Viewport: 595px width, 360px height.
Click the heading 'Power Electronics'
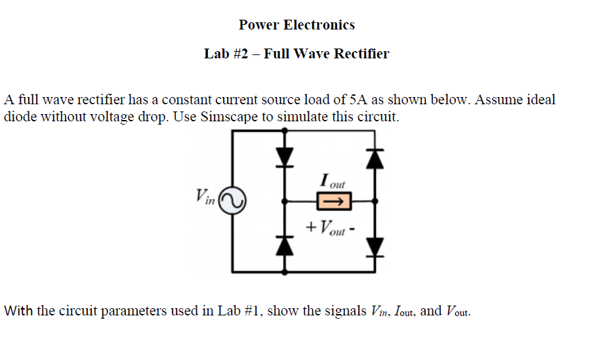coord(297,25)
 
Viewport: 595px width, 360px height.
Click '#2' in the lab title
coord(239,54)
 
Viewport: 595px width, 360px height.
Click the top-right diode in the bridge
coord(375,158)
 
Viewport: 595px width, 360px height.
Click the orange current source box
coord(335,201)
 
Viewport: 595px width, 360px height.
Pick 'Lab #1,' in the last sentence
coord(242,310)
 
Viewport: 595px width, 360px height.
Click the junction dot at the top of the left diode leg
coord(284,130)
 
